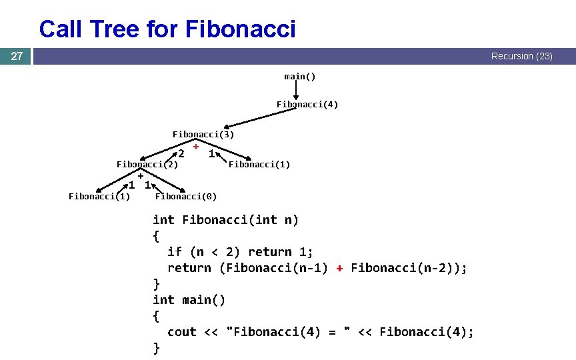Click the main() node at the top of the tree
click(300, 76)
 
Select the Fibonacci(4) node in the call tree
click(307, 105)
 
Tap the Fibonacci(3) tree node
click(203, 134)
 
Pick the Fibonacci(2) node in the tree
click(147, 164)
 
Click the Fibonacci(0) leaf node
click(186, 196)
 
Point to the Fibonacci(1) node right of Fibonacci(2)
click(259, 164)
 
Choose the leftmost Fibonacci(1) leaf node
click(99, 196)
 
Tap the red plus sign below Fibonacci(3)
click(197, 146)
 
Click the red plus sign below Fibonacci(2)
click(141, 176)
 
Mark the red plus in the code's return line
click(339, 268)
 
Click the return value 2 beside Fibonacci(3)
click(181, 154)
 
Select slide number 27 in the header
click(17, 56)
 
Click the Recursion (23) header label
click(521, 57)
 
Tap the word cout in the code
click(182, 332)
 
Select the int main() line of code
click(189, 300)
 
